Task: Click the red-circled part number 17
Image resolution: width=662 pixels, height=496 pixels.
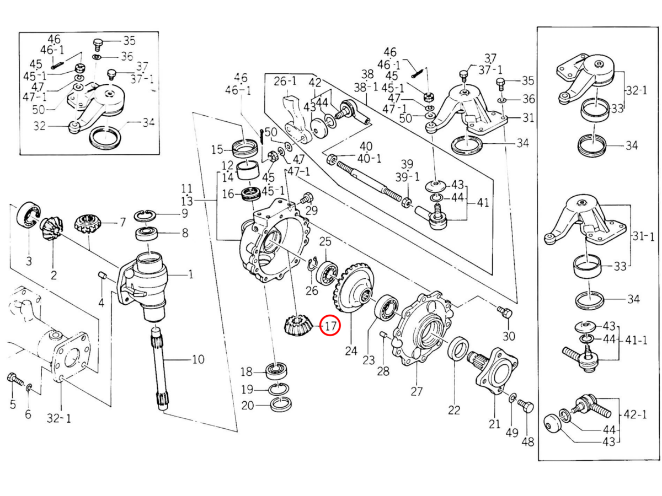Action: (x=330, y=326)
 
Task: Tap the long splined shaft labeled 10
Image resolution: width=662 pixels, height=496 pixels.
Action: (x=160, y=369)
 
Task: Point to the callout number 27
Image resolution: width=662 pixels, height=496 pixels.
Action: (x=417, y=391)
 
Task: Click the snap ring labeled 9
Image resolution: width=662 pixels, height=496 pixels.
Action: (x=146, y=216)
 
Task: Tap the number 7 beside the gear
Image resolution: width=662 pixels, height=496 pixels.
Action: (x=122, y=223)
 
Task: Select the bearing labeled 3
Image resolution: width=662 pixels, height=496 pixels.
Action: (x=28, y=215)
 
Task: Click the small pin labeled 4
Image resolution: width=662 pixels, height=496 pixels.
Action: (x=102, y=276)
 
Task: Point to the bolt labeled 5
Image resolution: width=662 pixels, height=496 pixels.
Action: (x=15, y=380)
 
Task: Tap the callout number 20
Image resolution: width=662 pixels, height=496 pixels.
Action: (x=248, y=406)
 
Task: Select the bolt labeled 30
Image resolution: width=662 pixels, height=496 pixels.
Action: (x=504, y=313)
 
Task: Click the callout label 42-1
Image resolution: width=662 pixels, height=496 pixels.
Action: (x=635, y=414)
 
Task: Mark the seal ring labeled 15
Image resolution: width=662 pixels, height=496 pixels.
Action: (x=245, y=148)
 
